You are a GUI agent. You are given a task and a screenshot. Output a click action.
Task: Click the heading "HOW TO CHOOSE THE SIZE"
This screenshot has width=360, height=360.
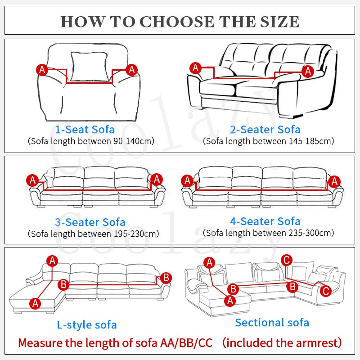point(180,21)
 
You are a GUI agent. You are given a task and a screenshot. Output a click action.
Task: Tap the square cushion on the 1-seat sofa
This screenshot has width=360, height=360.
point(89,67)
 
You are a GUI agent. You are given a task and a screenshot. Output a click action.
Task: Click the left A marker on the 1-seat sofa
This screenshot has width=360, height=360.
point(42,69)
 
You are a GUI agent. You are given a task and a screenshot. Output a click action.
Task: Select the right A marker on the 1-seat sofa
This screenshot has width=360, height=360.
point(131,69)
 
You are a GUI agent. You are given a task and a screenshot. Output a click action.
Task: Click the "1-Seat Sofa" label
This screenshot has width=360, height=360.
point(85,130)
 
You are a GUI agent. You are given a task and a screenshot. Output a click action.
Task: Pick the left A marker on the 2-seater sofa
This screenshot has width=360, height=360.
point(195,68)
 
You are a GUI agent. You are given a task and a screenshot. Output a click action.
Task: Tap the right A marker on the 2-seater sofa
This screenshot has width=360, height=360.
point(308,71)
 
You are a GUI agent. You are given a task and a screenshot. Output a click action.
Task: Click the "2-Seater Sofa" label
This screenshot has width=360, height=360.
point(265,130)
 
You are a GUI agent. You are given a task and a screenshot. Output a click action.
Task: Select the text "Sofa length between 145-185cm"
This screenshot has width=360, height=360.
point(268,141)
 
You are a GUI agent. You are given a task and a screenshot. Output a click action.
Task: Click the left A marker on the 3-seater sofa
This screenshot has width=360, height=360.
point(32,180)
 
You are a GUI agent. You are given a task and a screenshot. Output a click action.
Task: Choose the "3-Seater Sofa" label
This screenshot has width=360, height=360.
point(90,222)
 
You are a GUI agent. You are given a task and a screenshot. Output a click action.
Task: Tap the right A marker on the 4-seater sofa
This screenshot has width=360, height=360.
point(333,181)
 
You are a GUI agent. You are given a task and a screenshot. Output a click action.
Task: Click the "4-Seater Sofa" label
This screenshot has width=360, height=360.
point(265,221)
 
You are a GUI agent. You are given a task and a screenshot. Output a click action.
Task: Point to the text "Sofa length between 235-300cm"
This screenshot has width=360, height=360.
point(268,233)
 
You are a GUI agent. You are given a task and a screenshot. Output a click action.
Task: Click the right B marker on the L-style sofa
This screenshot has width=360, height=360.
point(166,278)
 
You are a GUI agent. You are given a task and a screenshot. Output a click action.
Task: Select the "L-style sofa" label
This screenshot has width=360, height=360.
point(87,324)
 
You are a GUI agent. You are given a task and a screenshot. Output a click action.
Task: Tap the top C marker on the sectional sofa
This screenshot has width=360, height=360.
point(286,260)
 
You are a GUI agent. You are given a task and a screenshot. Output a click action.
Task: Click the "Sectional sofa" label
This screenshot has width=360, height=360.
point(272,322)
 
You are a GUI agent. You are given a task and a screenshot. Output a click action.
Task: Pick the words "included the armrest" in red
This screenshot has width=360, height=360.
point(283,343)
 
